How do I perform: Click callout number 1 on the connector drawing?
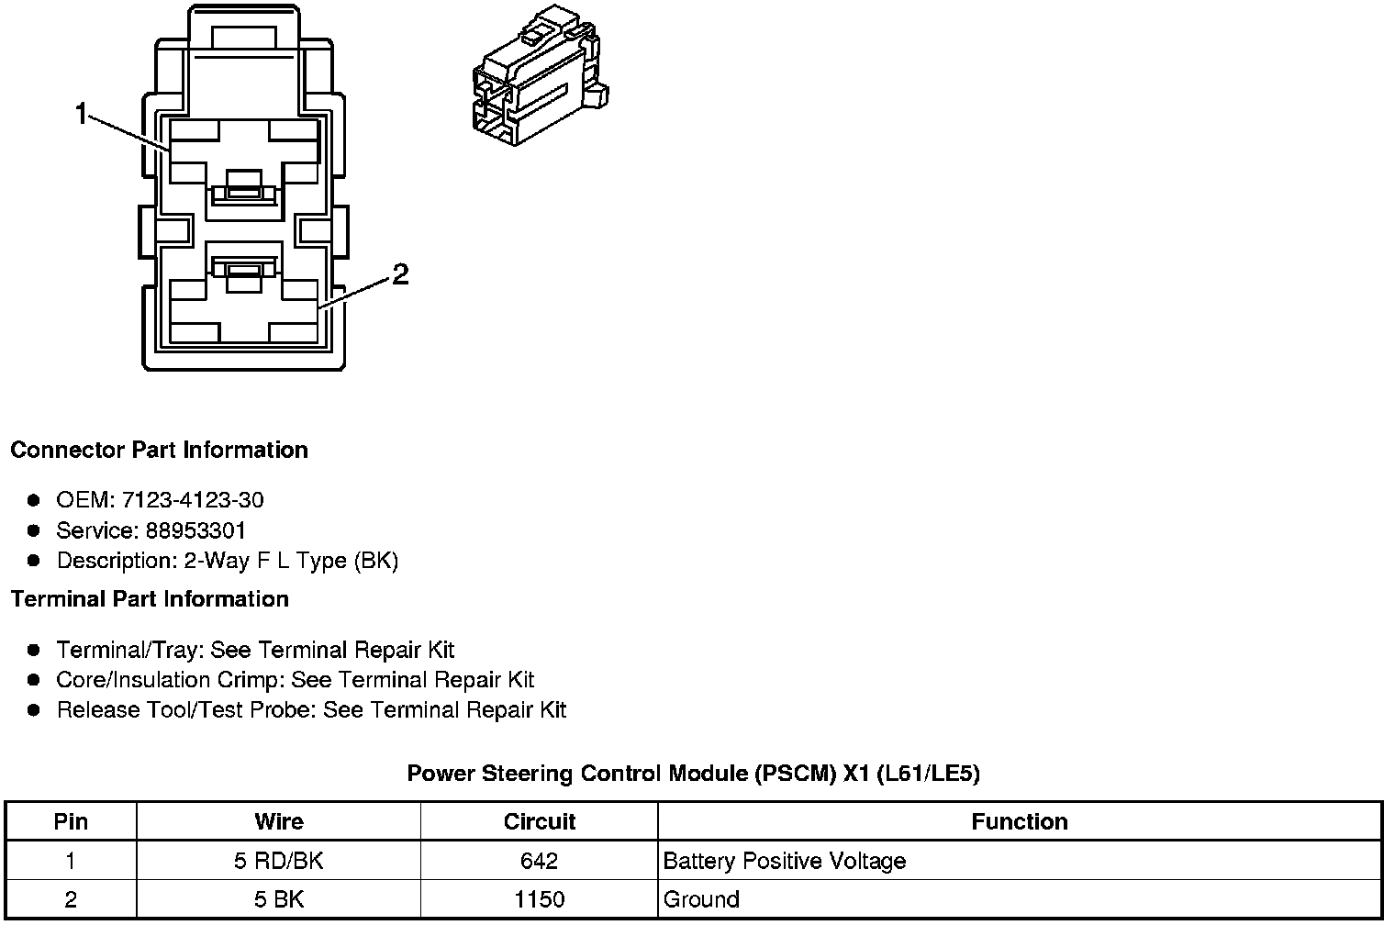pos(81,115)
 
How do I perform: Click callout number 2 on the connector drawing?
pos(400,274)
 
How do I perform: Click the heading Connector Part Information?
pos(159,451)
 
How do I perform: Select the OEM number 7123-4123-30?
pos(192,500)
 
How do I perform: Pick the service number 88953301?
pos(195,530)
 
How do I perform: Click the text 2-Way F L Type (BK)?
pos(291,561)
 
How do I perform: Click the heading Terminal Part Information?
pos(150,599)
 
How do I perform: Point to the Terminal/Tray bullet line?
pos(255,651)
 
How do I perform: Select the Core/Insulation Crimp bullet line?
pos(295,680)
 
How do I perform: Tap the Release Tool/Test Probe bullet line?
pos(311,710)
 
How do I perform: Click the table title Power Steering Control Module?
pos(693,774)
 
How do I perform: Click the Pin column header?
pos(71,821)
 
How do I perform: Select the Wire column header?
pos(279,821)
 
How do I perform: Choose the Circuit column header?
pos(540,821)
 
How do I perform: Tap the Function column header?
pos(1019,821)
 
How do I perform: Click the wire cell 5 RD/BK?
pos(279,861)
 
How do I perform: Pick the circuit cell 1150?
pos(540,899)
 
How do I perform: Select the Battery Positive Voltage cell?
pos(784,861)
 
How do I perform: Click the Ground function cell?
pos(701,899)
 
